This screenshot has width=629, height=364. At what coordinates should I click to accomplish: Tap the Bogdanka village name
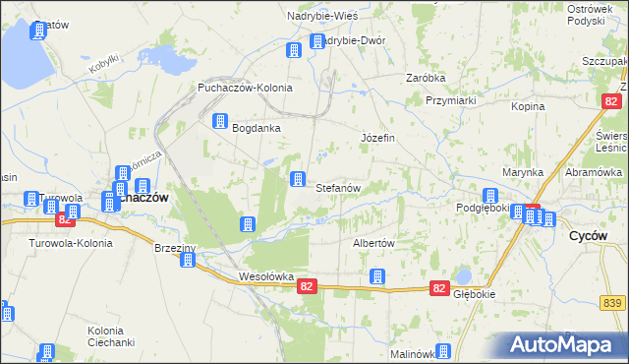(257, 128)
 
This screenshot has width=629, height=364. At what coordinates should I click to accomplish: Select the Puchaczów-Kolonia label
(245, 88)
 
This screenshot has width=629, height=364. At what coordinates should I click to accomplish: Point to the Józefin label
(378, 138)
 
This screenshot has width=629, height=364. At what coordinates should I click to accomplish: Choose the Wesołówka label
(266, 277)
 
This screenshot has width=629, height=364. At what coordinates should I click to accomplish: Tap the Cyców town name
(593, 237)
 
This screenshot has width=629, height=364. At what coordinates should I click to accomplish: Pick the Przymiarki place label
(451, 100)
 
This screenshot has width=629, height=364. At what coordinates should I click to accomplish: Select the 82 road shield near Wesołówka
(308, 286)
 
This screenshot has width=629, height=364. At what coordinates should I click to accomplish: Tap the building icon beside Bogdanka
(220, 122)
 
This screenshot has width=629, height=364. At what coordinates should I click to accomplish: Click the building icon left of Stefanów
(297, 178)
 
